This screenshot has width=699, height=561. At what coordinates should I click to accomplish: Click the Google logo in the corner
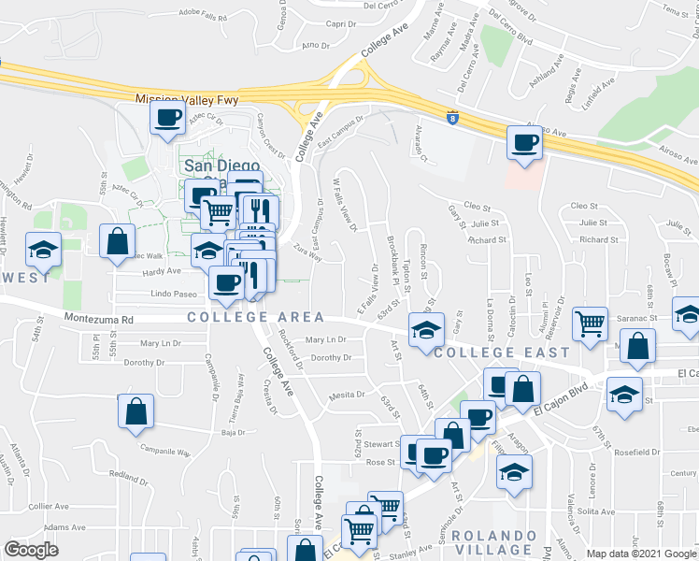[31, 550]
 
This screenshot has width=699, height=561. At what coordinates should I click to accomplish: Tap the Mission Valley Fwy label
[187, 99]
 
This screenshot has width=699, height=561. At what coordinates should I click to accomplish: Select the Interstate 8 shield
[453, 119]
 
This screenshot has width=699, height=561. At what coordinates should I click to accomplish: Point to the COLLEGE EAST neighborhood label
[502, 352]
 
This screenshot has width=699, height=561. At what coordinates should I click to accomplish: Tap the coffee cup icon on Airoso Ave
[524, 143]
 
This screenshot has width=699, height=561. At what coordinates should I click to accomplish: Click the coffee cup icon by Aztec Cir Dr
[168, 117]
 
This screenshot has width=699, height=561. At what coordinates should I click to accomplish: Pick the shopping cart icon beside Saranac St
[591, 324]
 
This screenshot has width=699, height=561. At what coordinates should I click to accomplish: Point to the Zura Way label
[307, 252]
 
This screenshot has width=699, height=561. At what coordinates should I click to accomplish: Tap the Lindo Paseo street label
[170, 295]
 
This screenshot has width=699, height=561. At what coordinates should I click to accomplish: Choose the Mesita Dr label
[346, 396]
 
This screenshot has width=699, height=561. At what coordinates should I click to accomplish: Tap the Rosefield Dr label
[638, 453]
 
